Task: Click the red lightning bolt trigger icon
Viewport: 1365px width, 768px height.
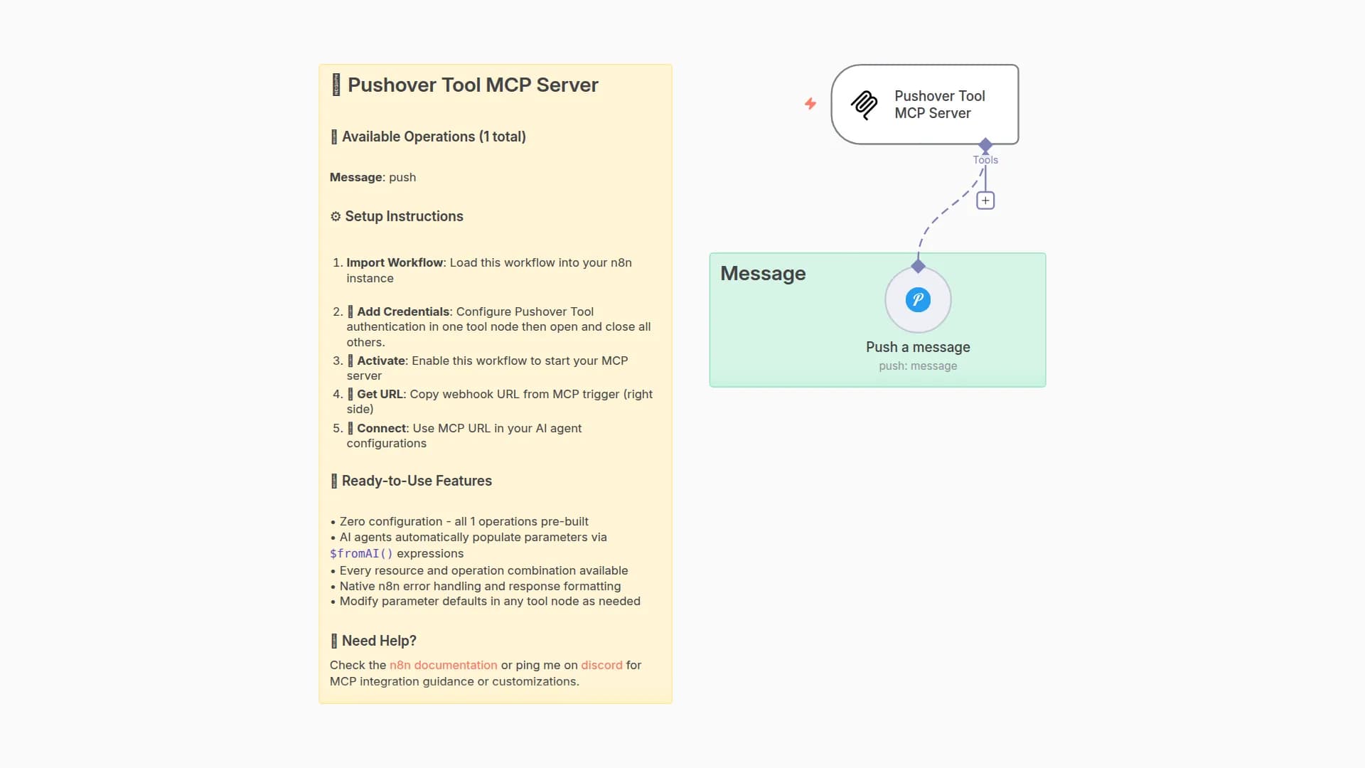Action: click(810, 104)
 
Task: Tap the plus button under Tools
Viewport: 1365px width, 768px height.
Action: click(985, 201)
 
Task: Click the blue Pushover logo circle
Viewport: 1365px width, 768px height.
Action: click(918, 299)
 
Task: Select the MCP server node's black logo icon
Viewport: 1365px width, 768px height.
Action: click(864, 105)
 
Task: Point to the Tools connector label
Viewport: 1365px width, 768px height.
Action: click(985, 160)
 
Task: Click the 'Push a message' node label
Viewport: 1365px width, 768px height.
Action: click(918, 347)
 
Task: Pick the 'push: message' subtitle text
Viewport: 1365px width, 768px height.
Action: click(918, 366)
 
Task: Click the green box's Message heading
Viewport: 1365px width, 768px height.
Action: click(763, 274)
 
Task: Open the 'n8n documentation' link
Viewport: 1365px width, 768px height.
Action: click(443, 666)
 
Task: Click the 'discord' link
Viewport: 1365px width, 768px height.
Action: click(601, 666)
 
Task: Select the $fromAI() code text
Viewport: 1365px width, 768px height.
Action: click(361, 554)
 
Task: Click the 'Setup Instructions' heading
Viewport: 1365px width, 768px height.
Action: click(404, 216)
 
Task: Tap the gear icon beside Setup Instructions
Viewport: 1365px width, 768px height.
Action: click(336, 216)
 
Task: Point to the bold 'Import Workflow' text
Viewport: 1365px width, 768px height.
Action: click(395, 263)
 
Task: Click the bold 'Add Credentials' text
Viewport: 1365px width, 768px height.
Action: click(403, 312)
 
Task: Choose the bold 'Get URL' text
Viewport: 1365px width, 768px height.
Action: click(380, 395)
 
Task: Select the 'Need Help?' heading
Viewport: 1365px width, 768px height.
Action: click(379, 641)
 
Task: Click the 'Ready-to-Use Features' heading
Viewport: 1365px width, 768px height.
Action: click(417, 481)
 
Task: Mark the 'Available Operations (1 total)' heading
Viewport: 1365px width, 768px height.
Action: click(434, 137)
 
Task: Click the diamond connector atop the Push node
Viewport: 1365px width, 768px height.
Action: click(918, 267)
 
